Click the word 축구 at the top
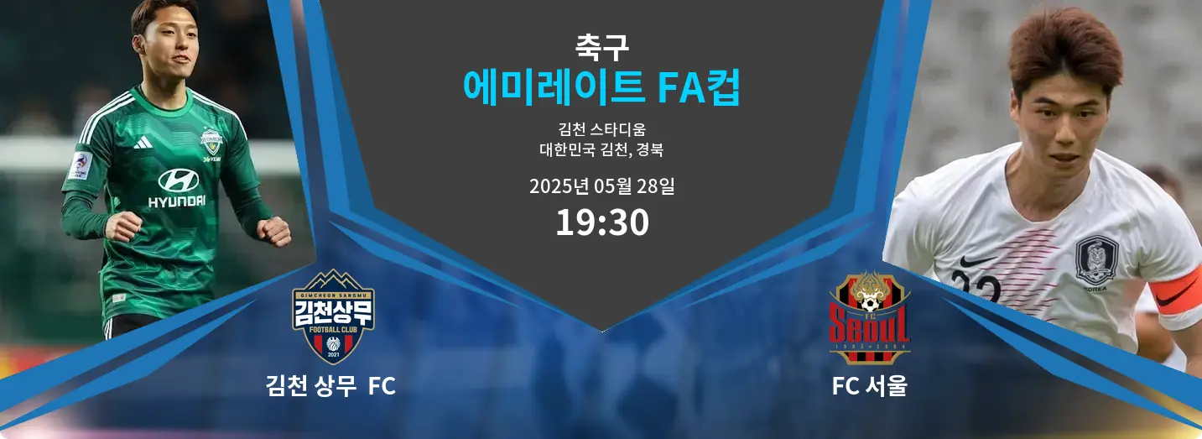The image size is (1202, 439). click(601, 47)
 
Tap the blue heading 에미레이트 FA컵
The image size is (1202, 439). click(601, 87)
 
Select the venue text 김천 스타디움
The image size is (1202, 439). click(601, 129)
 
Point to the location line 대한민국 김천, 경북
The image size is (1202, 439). click(601, 149)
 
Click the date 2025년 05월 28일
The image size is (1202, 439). click(601, 186)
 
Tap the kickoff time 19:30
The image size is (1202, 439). click(602, 222)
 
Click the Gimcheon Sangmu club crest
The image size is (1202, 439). click(333, 316)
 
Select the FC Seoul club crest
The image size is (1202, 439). click(869, 318)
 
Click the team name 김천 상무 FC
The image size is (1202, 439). click(330, 386)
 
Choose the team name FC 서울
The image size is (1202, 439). click(869, 386)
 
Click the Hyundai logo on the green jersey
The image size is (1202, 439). click(178, 180)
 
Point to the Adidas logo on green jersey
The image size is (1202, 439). click(143, 142)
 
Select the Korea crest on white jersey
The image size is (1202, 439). click(1096, 260)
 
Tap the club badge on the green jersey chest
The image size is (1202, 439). click(211, 141)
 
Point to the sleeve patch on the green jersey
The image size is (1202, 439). click(80, 166)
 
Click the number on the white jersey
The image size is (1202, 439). click(976, 287)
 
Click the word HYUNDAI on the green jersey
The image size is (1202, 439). click(177, 201)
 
